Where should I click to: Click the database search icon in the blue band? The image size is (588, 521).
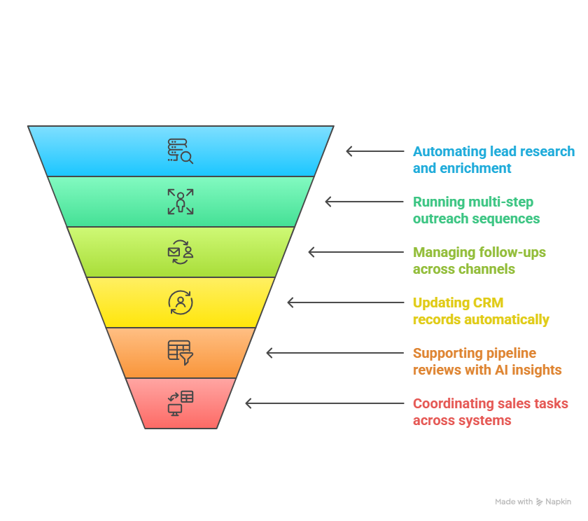click(180, 151)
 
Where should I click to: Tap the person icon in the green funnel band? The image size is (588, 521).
click(180, 202)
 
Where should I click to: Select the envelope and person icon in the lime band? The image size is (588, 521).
click(180, 252)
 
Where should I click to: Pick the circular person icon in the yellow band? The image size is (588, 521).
click(180, 303)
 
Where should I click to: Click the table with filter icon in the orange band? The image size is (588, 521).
click(180, 353)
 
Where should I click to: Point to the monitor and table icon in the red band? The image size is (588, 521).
click(180, 403)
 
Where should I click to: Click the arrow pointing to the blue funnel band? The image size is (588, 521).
click(374, 151)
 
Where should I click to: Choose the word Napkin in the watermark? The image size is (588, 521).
click(559, 502)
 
